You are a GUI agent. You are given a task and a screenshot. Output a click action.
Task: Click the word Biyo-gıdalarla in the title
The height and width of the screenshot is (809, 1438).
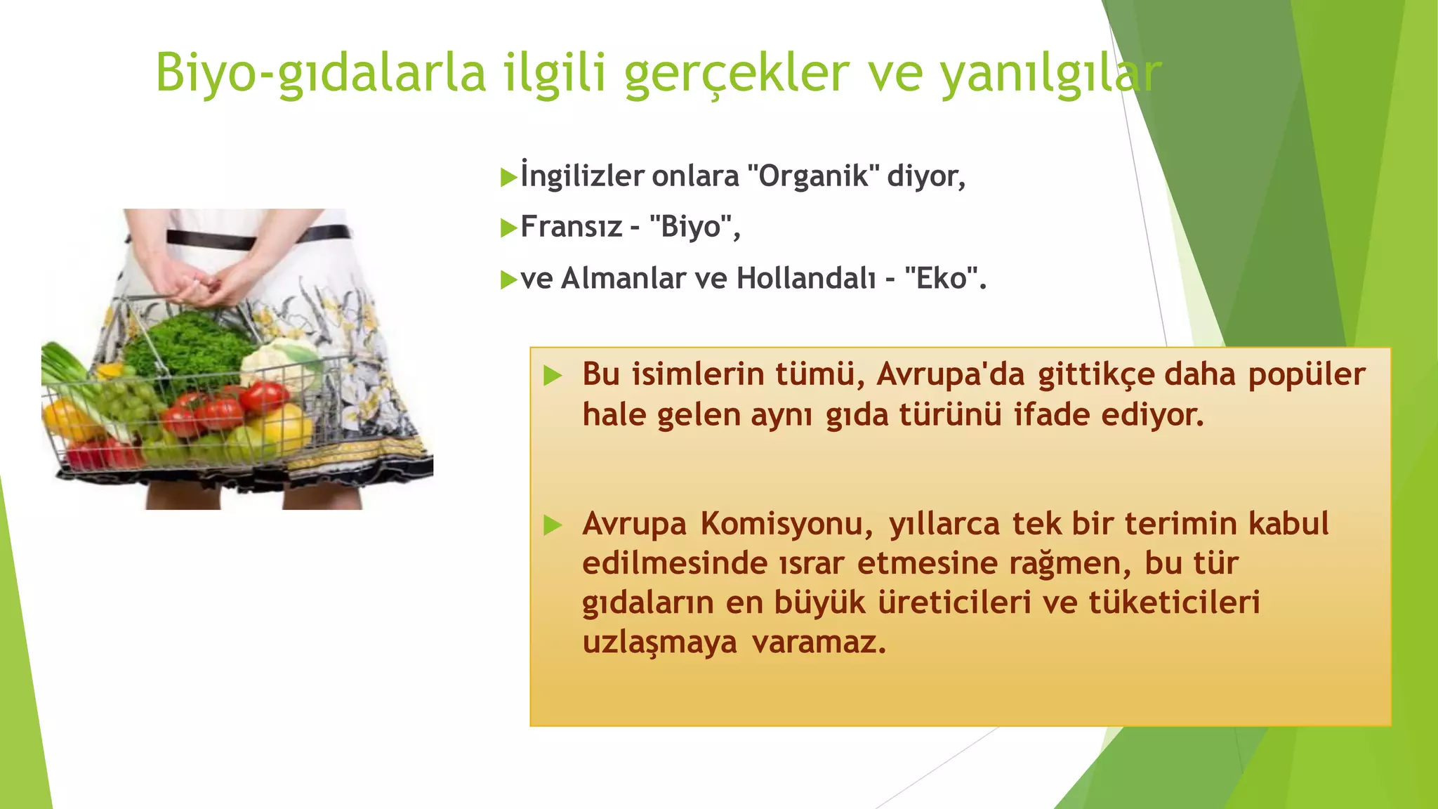tap(320, 73)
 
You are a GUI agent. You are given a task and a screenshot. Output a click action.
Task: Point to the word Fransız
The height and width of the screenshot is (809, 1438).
tap(571, 227)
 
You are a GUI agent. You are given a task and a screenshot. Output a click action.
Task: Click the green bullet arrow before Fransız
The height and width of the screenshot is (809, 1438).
tap(508, 228)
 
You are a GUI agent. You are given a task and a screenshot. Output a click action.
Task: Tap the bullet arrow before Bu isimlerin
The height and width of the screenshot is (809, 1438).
tap(553, 376)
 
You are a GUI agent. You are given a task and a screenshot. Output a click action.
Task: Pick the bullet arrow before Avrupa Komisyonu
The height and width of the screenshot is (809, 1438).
tap(553, 525)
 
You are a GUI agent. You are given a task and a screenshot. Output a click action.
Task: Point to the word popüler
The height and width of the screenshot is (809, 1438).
tap(1307, 374)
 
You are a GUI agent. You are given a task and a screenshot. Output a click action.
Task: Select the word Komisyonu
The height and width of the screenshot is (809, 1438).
tap(786, 524)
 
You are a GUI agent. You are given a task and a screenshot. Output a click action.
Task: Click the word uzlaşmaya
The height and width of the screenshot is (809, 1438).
tap(659, 642)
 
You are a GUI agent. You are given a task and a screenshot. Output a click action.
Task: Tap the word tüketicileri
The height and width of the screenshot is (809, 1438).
tap(1174, 603)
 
